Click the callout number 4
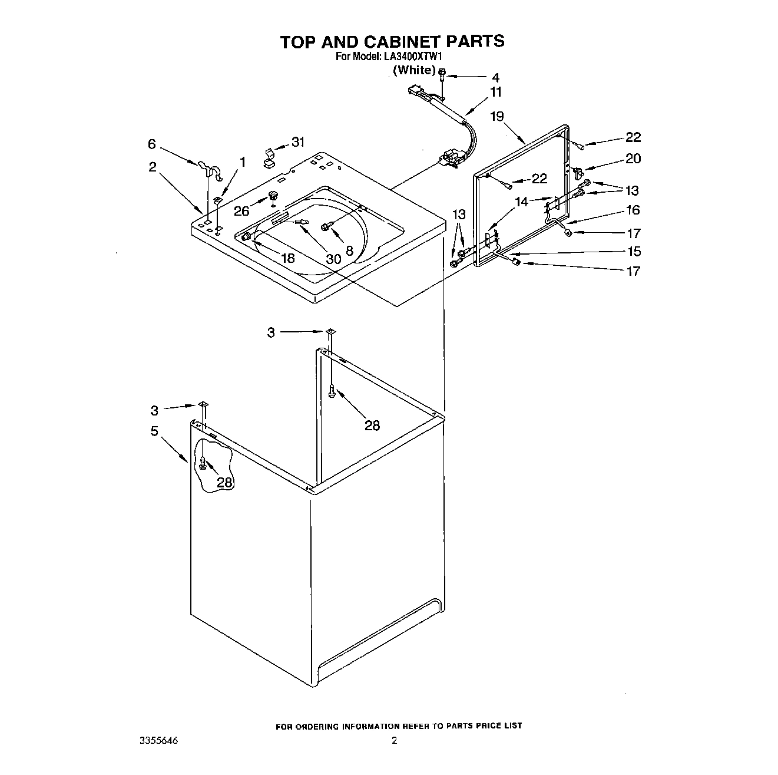coord(495,77)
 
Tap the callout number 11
coord(496,92)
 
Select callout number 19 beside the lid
coord(496,116)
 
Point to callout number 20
coord(633,159)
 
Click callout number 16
coord(633,210)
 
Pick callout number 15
coord(633,252)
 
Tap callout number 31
coord(298,142)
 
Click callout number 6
coord(152,144)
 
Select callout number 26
coord(242,210)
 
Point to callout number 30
coord(333,259)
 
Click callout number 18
coord(287,258)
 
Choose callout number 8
coord(349,250)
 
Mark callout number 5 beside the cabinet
coord(154,431)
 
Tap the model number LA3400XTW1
coord(415,57)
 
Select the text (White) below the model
coord(413,70)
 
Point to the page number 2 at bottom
coord(394,741)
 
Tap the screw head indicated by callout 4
coord(442,73)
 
